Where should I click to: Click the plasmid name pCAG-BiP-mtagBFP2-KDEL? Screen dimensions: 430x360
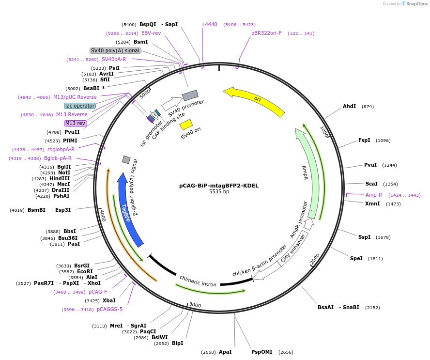[219, 186]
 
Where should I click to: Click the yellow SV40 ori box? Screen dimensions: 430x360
[186, 125]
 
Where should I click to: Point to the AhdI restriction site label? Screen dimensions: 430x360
[349, 106]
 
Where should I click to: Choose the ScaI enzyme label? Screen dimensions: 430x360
[371, 184]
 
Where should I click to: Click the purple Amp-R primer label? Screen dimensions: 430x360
[373, 195]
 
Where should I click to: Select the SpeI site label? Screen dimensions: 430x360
[356, 258]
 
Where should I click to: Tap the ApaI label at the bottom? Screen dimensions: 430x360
[225, 352]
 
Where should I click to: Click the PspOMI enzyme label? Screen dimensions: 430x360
[261, 352]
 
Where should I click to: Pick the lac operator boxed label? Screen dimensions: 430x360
[80, 106]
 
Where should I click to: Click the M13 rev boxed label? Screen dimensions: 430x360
[76, 123]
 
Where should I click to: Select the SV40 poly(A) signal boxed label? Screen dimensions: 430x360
[115, 50]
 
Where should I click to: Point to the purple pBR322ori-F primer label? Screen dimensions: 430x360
[266, 33]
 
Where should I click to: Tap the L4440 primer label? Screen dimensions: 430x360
[210, 24]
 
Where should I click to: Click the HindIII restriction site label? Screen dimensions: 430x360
[60, 178]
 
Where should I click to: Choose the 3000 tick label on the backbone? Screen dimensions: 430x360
[195, 305]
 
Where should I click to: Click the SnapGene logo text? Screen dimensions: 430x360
[417, 3]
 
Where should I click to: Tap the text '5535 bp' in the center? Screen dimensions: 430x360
[219, 191]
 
